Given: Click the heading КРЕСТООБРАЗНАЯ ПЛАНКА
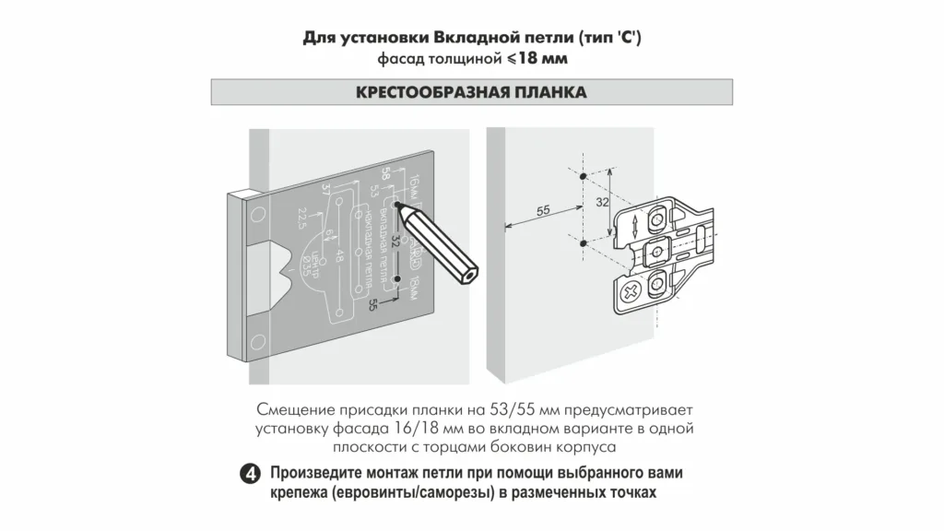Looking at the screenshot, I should pyautogui.click(x=471, y=93).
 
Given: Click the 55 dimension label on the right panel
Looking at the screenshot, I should pyautogui.click(x=542, y=211).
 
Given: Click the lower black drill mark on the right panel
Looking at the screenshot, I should pyautogui.click(x=584, y=242).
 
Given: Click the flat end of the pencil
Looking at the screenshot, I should pyautogui.click(x=470, y=274).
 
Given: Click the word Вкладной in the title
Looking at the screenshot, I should pyautogui.click(x=435, y=39).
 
